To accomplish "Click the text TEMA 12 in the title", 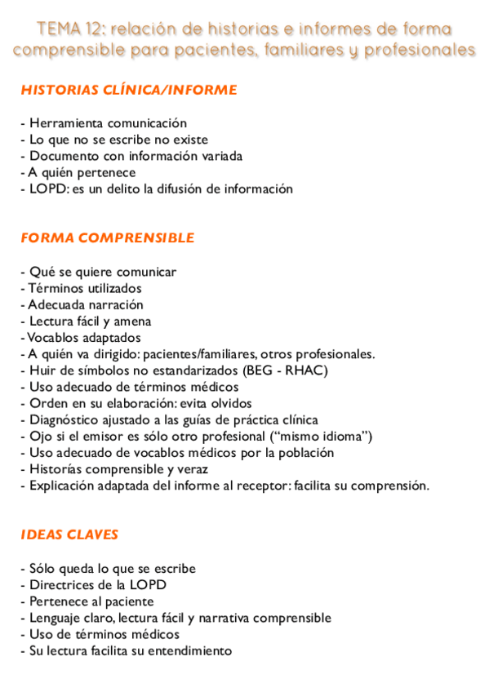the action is pos(69,30).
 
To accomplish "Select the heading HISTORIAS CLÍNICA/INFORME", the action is pos(129,91).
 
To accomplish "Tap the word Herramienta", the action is pos(67,123).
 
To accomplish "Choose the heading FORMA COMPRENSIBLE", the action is pos(108,238).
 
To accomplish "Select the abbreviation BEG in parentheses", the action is pos(260,370).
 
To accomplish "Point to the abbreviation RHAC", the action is pos(308,370).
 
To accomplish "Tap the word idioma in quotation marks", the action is pos(342,437).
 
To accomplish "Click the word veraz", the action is pos(191,469).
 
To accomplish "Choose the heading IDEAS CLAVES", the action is pos(69,535).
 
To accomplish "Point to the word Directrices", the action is pos(62,585).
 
